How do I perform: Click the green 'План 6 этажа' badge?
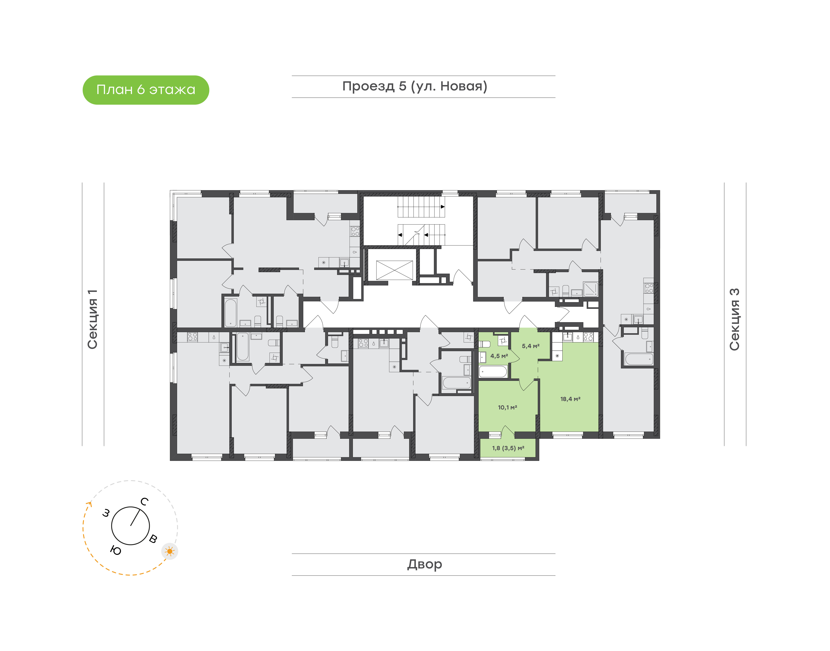(x=146, y=90)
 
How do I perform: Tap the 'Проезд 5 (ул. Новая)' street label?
(x=415, y=87)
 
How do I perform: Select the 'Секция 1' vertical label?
(x=93, y=319)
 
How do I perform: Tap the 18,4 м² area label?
(x=570, y=399)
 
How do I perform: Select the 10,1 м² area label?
(x=507, y=407)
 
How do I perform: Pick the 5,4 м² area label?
(x=531, y=346)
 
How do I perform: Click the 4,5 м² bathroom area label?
(x=499, y=356)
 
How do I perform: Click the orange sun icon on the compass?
(x=170, y=551)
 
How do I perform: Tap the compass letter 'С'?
(x=144, y=502)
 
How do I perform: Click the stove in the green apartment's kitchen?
(x=588, y=337)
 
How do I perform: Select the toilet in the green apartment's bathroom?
(x=485, y=344)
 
